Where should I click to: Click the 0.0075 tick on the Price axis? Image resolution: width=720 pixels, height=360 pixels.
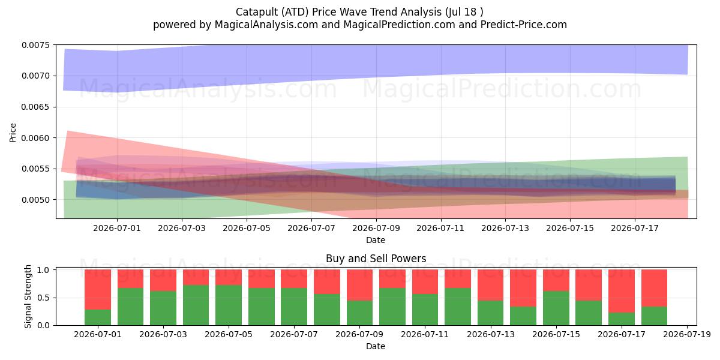coord(35,46)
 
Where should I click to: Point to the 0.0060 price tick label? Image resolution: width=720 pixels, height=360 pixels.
coord(35,138)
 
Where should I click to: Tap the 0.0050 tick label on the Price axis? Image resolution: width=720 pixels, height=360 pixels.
coord(35,200)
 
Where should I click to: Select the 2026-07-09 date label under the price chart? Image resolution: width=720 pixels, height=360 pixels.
coord(376,228)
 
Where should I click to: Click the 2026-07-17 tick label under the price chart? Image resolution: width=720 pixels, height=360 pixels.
coord(635,228)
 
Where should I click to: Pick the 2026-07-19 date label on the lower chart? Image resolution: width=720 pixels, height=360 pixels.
coord(687,335)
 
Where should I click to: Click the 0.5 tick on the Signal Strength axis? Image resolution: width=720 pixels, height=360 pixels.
coord(43,298)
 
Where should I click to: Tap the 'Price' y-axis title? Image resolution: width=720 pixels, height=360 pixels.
coord(13,133)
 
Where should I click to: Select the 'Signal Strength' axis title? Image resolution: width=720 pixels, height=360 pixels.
coord(28,296)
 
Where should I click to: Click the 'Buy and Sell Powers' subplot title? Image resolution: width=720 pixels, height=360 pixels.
coord(376,259)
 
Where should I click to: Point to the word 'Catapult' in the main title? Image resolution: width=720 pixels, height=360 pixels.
coord(256,12)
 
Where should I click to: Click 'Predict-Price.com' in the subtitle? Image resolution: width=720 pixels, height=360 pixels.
coord(524,25)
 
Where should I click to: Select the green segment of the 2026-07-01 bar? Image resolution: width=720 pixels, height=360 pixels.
coord(98,317)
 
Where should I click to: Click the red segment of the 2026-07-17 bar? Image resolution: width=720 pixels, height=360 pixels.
coord(622,291)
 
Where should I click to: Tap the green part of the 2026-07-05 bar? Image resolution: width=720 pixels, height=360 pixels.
coord(229,305)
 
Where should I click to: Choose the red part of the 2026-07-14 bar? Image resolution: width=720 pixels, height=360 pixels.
coord(523,289)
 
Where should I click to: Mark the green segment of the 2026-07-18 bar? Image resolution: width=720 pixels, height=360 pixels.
coord(654,316)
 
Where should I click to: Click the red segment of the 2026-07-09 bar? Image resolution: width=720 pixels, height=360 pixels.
coord(359,286)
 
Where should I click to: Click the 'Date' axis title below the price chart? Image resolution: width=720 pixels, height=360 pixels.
coord(376,240)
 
